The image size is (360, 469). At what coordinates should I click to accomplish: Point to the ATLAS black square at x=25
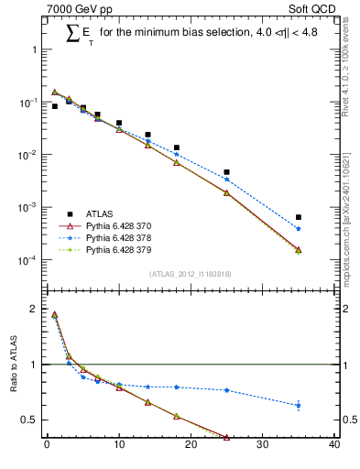[x=226, y=172]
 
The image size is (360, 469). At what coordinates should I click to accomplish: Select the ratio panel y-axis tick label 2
[x=36, y=310]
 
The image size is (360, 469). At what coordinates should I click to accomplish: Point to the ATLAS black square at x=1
[x=54, y=106]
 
